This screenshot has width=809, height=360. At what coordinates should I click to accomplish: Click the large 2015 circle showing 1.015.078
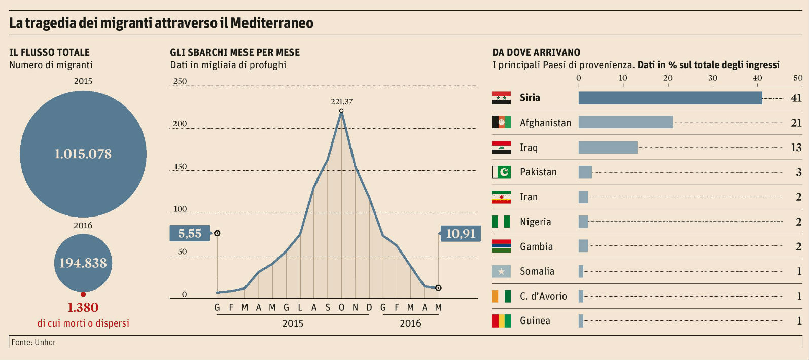[83, 154]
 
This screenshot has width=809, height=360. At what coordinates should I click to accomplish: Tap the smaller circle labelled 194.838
[83, 263]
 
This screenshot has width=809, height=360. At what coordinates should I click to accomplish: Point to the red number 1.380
[83, 307]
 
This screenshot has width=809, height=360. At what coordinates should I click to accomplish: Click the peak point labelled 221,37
[341, 111]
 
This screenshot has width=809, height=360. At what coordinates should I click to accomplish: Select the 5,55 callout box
[190, 233]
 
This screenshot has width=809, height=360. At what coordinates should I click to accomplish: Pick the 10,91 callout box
[461, 233]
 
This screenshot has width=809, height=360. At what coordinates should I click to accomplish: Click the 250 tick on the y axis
[180, 81]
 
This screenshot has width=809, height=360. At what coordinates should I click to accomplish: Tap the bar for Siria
[670, 98]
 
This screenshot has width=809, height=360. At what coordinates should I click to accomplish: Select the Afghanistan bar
[625, 122]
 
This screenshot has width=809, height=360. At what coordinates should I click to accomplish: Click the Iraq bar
[608, 148]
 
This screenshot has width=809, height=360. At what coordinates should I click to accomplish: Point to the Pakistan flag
[501, 172]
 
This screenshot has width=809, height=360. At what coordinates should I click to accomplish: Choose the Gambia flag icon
[501, 246]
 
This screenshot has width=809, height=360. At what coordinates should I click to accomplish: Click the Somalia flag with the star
[501, 271]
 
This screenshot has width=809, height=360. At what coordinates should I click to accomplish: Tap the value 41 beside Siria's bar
[796, 98]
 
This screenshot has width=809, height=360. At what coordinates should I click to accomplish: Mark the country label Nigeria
[535, 222]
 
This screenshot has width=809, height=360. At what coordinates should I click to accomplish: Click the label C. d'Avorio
[543, 296]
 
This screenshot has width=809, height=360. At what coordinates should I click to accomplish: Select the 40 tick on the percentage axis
[757, 78]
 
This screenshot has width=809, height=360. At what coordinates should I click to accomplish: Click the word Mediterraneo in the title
[272, 23]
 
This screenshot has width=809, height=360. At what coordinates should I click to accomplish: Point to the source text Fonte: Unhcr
[33, 342]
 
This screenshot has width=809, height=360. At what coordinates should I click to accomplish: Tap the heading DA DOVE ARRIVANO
[536, 52]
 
